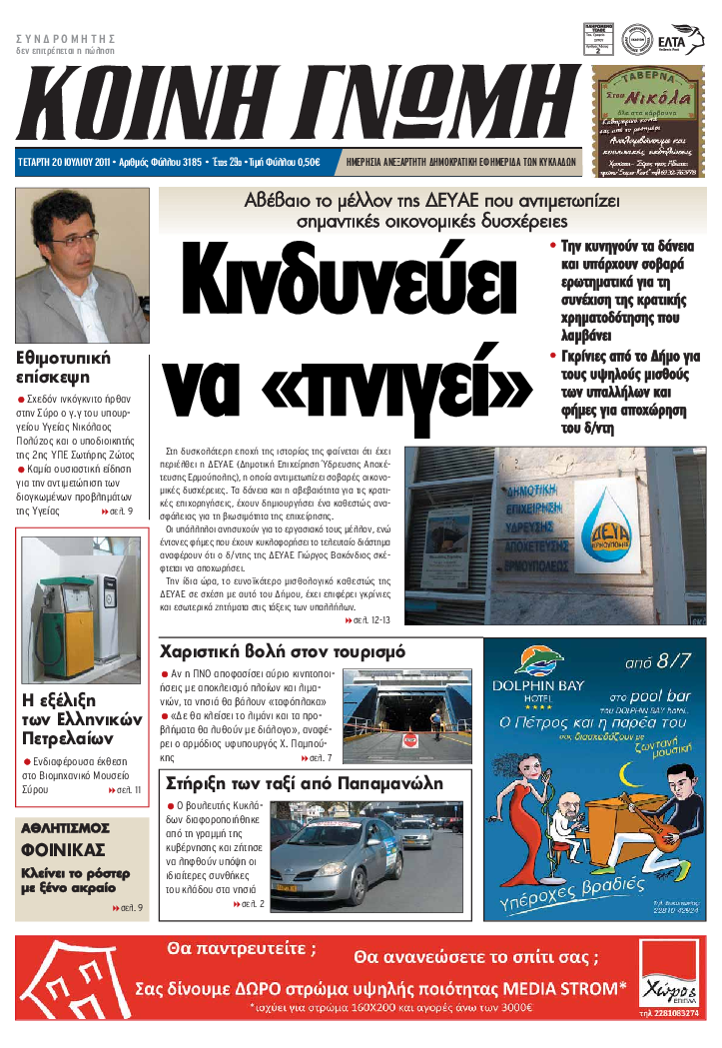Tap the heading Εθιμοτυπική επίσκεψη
pos(64,367)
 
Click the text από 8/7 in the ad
pos(655,661)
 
